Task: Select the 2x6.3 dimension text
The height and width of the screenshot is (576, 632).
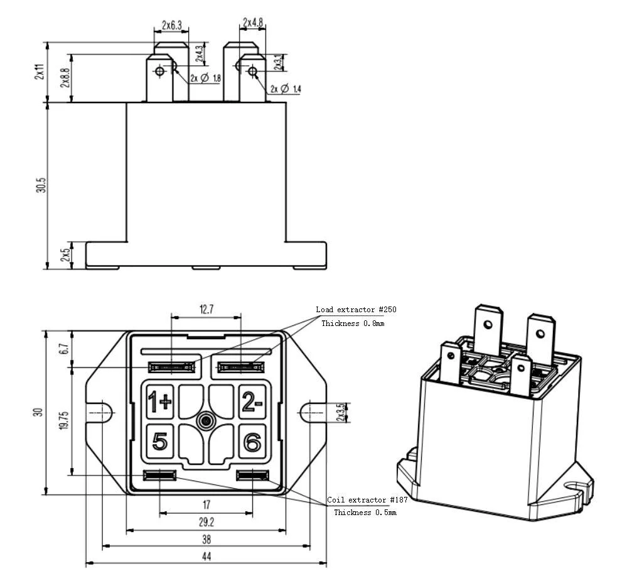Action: [x=171, y=25]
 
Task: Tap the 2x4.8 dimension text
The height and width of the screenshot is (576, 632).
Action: [x=252, y=23]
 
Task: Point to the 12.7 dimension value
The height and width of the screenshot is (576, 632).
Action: [x=206, y=308]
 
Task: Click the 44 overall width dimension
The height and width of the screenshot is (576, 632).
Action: [x=206, y=557]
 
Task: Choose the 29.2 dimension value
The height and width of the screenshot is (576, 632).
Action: [x=206, y=522]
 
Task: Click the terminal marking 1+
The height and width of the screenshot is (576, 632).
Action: [x=159, y=401]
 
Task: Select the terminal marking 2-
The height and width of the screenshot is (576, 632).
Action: [x=252, y=401]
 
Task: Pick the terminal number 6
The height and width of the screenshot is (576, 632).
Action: [x=252, y=443]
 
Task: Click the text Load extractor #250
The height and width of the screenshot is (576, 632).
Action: [x=356, y=310]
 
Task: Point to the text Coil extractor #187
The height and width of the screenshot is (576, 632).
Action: [x=367, y=500]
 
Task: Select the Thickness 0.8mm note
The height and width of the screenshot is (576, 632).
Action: [x=353, y=323]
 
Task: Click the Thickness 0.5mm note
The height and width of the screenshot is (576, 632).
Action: [x=365, y=513]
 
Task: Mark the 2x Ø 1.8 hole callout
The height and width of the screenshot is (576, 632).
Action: [x=205, y=79]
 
